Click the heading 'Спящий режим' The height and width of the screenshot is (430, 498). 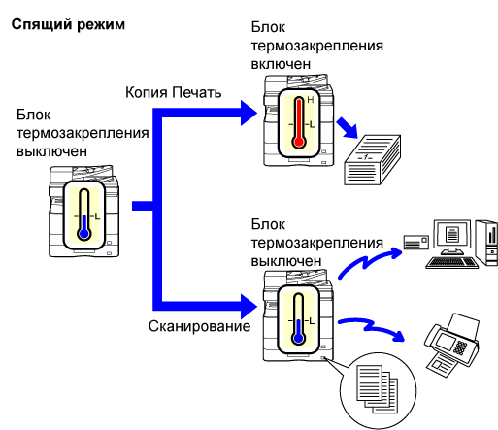point(68,25)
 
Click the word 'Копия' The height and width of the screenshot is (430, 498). point(147,92)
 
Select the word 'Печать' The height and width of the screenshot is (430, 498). point(196,92)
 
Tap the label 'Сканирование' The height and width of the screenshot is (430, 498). point(199,326)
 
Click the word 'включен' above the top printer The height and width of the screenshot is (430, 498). point(281,64)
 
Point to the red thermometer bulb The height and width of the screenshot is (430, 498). point(299,142)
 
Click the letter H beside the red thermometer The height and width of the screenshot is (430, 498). point(311,100)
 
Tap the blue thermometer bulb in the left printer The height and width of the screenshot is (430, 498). point(84,233)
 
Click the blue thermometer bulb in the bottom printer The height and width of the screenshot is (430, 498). point(298,339)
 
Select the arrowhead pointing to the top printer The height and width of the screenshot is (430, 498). point(249,113)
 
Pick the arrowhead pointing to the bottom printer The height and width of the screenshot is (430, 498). point(249,307)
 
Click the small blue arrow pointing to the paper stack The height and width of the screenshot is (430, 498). point(348,128)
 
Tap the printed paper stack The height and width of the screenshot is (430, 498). point(373,160)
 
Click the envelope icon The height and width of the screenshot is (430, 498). point(416,242)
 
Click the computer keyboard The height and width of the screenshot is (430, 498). point(452,262)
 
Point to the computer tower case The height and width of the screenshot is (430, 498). point(486,243)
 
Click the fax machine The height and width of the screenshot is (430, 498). point(451,345)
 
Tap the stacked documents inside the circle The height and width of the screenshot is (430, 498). point(377,389)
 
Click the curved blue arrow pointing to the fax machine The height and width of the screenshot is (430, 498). point(371,328)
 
